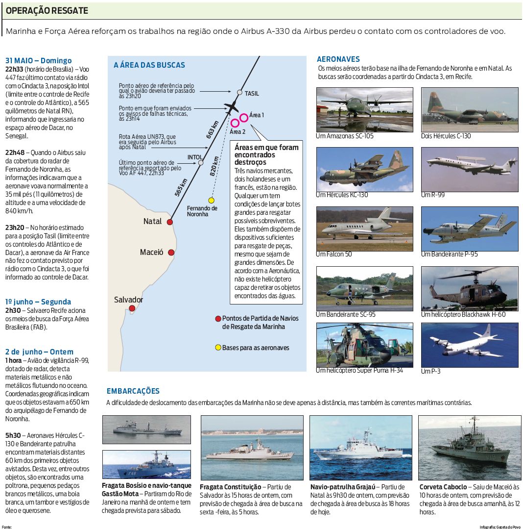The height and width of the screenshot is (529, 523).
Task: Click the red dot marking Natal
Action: tap(169, 222)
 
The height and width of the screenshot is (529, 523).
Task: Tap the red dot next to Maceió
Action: tap(171, 252)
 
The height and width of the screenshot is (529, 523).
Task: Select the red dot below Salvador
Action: tap(132, 308)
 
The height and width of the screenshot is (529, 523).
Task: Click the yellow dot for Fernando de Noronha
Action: tap(211, 200)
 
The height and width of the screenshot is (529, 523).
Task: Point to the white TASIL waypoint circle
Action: tap(239, 92)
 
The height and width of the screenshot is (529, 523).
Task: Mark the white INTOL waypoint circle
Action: tap(200, 162)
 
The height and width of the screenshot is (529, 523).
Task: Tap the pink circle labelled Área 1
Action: tap(244, 118)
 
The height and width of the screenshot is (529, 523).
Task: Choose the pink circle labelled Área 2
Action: tap(235, 123)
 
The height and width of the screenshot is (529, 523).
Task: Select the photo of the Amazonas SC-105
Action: tap(364, 109)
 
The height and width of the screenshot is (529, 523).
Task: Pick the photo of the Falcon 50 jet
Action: tap(364, 228)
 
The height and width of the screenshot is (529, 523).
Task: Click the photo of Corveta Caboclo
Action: tap(469, 447)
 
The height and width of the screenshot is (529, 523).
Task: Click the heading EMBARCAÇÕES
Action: tap(133, 391)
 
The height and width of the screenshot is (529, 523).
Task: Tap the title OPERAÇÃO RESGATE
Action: tap(47, 10)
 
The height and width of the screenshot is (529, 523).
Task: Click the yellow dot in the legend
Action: tap(218, 348)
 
